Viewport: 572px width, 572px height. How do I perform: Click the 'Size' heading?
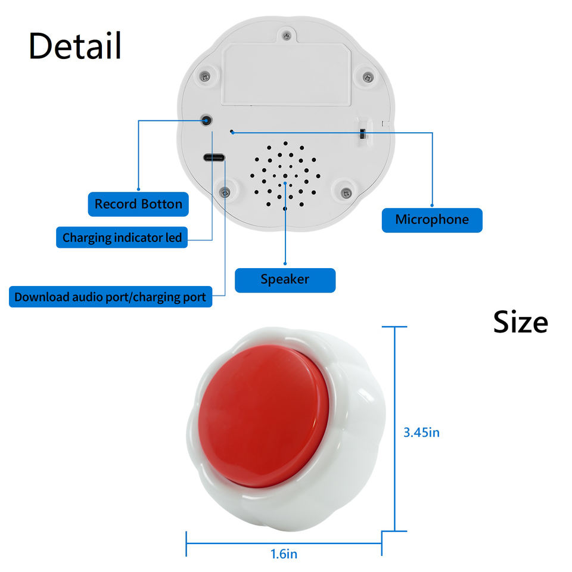520,322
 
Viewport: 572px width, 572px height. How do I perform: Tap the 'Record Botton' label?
138,204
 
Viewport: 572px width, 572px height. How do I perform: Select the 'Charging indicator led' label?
122,238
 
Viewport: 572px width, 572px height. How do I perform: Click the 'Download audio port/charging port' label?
110,297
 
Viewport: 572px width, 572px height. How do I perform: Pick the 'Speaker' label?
285,279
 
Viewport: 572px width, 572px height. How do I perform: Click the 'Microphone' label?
432,220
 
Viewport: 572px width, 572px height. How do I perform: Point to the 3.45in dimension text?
421,433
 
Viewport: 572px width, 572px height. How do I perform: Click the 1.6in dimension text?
284,554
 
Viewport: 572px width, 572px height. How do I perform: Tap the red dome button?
262,414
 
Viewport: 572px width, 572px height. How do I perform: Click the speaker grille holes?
285,173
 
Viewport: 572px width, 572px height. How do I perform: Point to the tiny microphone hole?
232,131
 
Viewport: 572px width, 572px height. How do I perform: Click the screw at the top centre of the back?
287,36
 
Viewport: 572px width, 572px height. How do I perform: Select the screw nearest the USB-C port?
225,192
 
